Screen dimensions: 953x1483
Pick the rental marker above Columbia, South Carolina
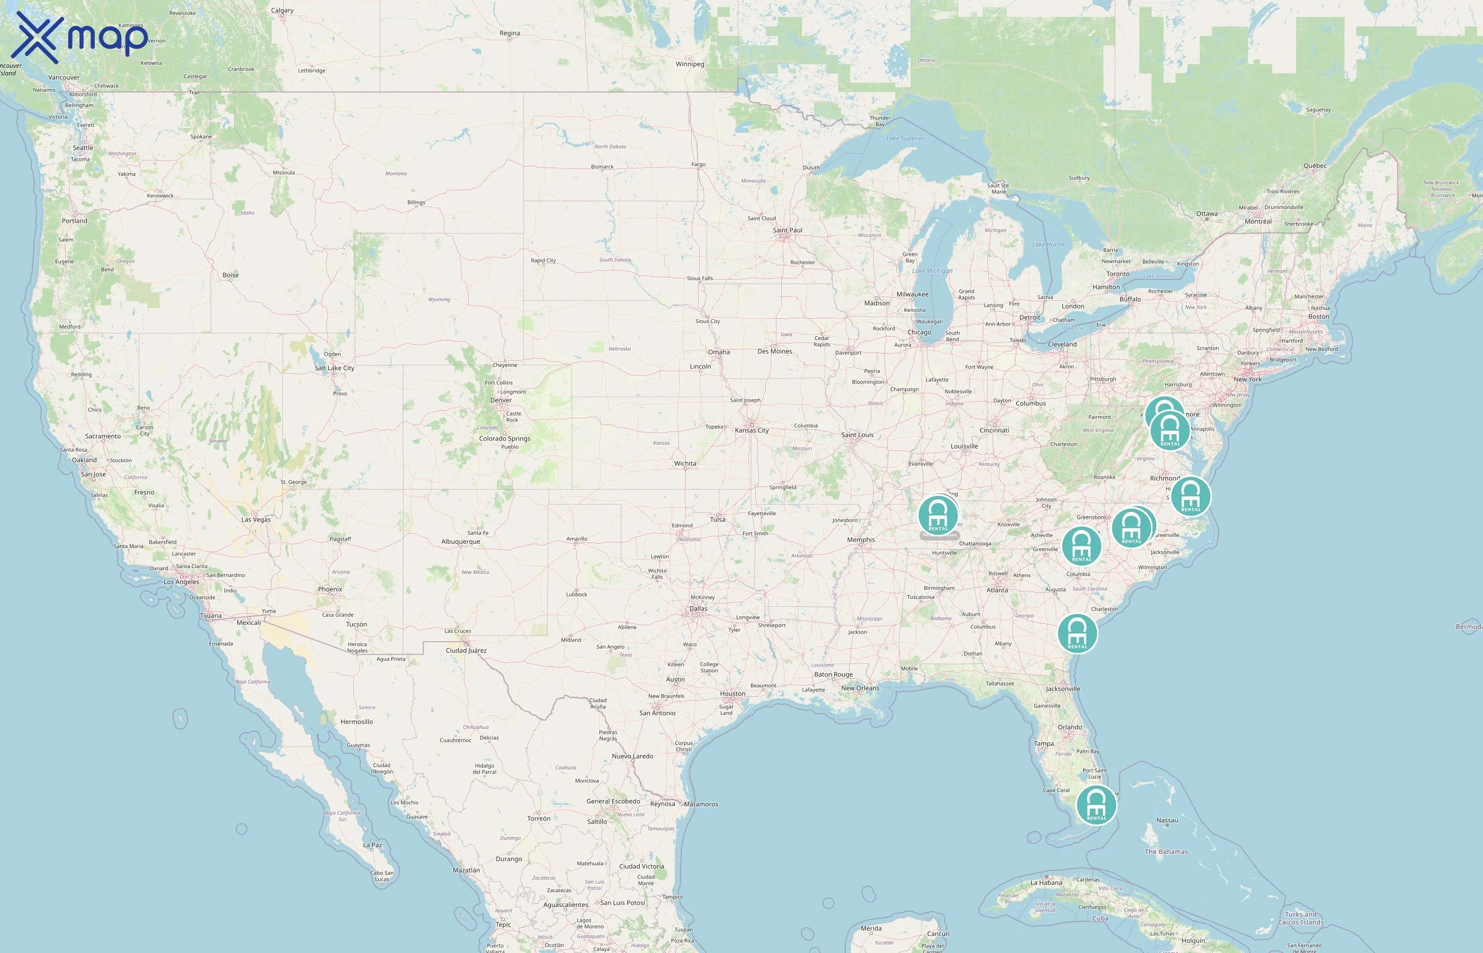pos(1082,546)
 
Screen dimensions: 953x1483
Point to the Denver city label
pos(501,400)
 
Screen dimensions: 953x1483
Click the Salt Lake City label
pos(334,368)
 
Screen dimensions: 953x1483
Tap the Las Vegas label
pos(256,520)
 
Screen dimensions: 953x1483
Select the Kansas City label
pos(752,431)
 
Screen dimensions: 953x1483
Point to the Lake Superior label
pos(905,139)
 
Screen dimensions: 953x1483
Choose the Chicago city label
pos(919,333)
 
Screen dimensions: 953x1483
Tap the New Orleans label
pos(860,688)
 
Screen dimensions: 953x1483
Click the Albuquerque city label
pos(460,542)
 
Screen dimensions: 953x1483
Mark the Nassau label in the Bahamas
pos(1167,821)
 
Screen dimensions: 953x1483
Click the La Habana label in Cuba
pos(1046,883)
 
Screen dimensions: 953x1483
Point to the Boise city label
pos(230,275)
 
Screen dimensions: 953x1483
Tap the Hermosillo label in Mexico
pos(356,722)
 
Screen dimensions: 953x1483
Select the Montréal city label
pos(1258,221)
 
